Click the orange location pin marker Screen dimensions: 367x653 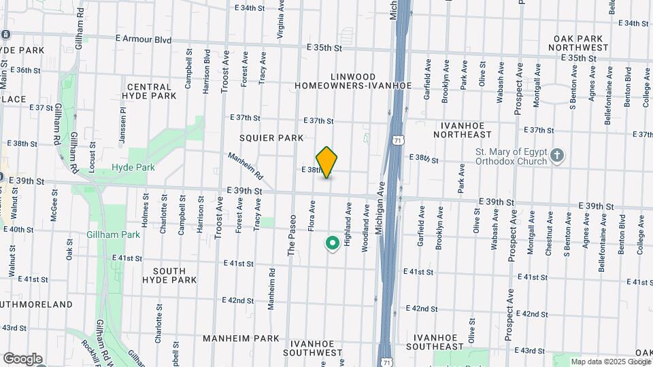(327, 162)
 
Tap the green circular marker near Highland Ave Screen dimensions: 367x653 (333, 243)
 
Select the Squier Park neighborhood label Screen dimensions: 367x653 (271, 138)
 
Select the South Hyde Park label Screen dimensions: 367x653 (169, 275)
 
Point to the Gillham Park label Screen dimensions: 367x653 (114, 234)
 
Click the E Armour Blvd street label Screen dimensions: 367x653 (143, 40)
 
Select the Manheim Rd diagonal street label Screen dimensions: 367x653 (246, 164)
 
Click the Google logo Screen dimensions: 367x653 (22, 359)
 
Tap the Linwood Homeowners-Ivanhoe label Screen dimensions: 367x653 (353, 80)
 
